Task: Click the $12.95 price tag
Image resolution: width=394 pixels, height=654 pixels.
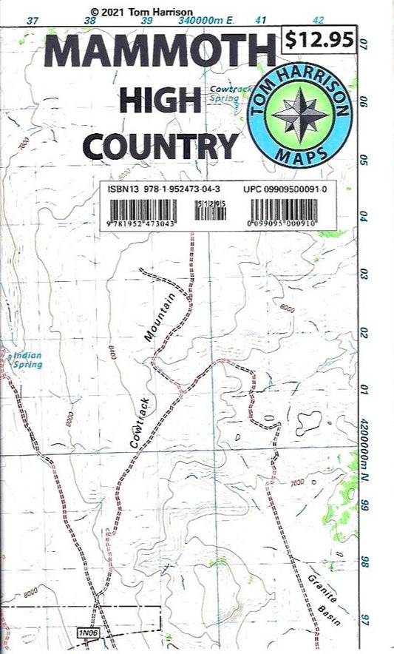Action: click(x=320, y=41)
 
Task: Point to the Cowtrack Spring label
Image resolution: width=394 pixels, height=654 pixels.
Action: click(x=224, y=92)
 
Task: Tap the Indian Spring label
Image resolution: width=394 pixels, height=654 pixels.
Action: click(x=27, y=360)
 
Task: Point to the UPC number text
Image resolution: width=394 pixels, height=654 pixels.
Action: click(x=285, y=189)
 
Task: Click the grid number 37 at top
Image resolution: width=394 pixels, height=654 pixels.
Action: click(x=32, y=21)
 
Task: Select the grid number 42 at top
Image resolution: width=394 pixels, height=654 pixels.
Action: click(x=319, y=21)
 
